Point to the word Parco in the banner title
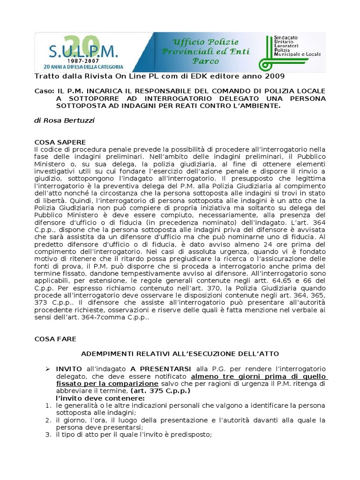205,60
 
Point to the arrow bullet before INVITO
47,369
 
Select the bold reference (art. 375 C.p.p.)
160,391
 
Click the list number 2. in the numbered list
48,420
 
